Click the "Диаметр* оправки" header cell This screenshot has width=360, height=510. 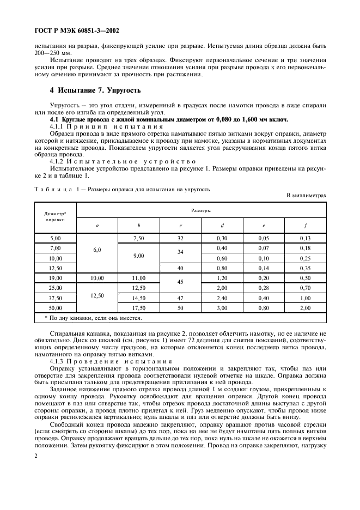[x=55, y=217]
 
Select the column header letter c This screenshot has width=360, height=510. [x=180, y=224]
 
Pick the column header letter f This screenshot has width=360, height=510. [x=305, y=224]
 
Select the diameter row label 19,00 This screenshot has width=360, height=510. [x=55, y=277]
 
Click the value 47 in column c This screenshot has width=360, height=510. [x=180, y=298]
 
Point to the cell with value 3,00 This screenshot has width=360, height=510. [x=222, y=308]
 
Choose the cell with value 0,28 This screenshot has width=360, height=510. [x=264, y=288]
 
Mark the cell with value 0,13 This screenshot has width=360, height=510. [x=305, y=238]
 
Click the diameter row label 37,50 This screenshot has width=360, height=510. [x=55, y=298]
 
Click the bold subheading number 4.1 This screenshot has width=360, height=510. [x=54, y=119]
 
